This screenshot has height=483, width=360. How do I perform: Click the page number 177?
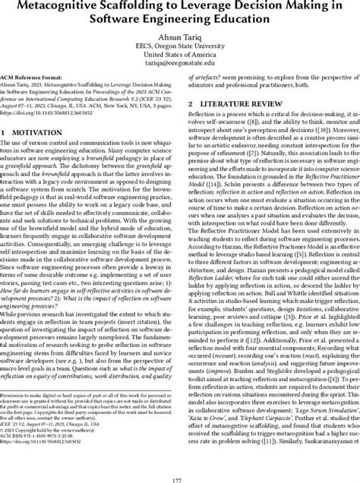[x=179, y=475]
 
